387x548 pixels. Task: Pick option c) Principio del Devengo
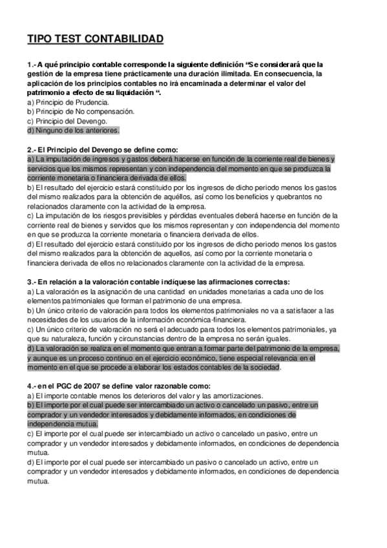[x=67, y=121]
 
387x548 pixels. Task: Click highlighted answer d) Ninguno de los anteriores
[x=73, y=130]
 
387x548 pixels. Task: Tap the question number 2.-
[x=32, y=149]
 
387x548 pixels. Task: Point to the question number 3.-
[x=32, y=282]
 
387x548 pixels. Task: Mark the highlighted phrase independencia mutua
[x=62, y=423]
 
